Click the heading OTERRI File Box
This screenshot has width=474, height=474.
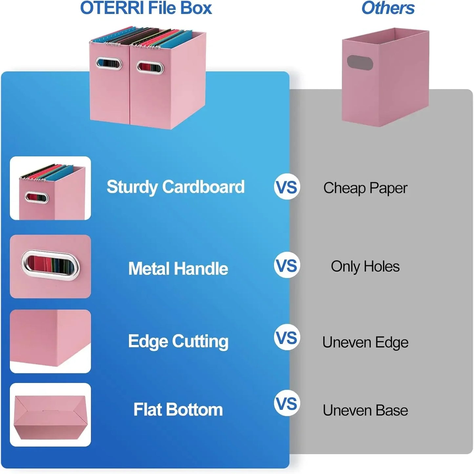tap(146, 8)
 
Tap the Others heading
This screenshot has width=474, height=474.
tap(388, 8)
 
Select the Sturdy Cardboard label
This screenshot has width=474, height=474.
tap(175, 187)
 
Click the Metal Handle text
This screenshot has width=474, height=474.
tap(178, 268)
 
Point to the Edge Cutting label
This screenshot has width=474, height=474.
tap(178, 341)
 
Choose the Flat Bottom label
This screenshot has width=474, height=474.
tap(178, 410)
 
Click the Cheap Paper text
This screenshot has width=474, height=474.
tap(365, 188)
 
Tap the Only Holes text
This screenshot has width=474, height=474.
tap(365, 266)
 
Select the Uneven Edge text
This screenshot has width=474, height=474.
tap(365, 342)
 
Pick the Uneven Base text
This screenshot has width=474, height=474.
tap(365, 410)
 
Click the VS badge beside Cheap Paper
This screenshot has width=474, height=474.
tap(287, 187)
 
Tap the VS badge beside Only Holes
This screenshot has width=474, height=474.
tap(287, 265)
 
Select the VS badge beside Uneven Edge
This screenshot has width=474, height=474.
tap(287, 337)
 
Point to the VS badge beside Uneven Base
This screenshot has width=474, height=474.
tap(287, 403)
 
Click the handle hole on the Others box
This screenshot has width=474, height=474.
tap(360, 62)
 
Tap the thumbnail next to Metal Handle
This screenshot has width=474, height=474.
tap(50, 266)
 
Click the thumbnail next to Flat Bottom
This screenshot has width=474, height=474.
tap(50, 415)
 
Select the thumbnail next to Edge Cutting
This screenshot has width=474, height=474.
tap(50, 341)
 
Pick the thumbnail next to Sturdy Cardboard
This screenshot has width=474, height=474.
tap(50, 188)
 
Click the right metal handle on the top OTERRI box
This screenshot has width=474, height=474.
tap(150, 67)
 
